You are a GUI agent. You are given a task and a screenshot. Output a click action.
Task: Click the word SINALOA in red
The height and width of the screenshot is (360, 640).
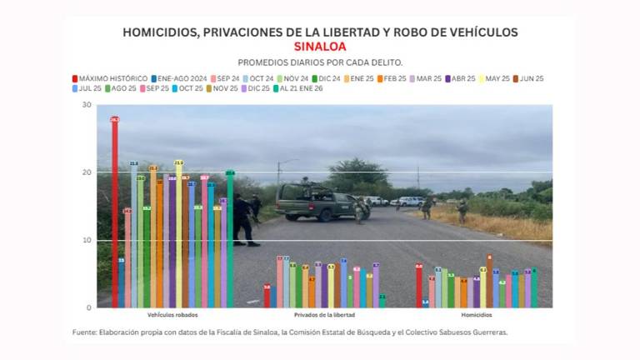tap(320, 47)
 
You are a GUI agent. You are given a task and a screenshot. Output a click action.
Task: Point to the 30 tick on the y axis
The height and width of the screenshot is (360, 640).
tap(87, 105)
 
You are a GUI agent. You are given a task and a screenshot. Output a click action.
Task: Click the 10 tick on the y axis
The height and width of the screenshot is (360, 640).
tap(87, 240)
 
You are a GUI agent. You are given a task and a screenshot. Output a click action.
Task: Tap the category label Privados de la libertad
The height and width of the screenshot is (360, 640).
tap(325, 315)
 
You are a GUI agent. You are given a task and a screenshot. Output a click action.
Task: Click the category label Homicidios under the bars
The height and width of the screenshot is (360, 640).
tap(476, 315)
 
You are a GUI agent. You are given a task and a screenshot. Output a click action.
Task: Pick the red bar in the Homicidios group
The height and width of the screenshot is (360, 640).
tap(419, 287)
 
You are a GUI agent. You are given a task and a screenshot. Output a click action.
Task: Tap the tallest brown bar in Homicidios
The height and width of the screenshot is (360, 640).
tap(490, 282)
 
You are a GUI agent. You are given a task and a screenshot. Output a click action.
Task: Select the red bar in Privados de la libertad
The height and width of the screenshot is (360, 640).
tap(267, 297)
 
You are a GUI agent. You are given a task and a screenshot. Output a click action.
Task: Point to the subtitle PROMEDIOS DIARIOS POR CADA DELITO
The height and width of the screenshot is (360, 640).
tap(320, 62)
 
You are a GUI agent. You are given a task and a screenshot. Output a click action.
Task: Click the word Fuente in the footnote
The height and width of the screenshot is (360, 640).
tap(83, 332)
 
